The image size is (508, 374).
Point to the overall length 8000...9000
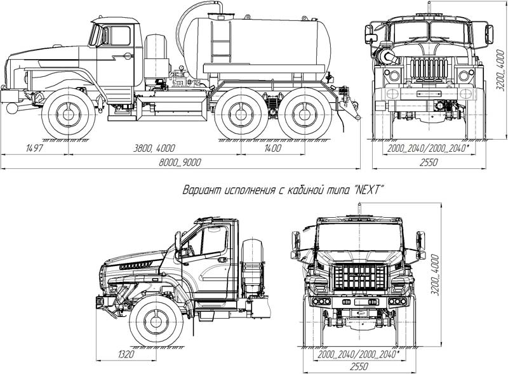pos(181,163)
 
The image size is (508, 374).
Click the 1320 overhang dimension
pos(125,354)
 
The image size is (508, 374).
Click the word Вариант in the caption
pos(203,190)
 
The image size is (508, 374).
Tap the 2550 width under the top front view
pos(429,163)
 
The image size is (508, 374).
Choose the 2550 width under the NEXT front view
pos(359,366)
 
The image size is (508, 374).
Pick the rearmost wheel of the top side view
pos(307,116)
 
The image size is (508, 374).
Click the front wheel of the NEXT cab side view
pos(156,322)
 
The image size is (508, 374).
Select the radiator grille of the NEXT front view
pos(359,277)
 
